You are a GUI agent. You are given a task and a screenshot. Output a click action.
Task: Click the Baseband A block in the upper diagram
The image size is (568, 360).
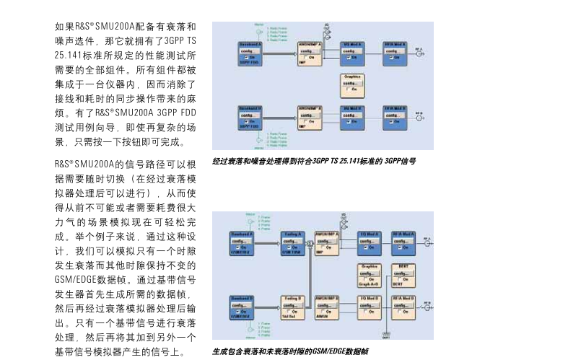click(x=250, y=54)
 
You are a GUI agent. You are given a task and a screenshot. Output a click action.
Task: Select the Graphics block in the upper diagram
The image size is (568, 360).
click(x=351, y=84)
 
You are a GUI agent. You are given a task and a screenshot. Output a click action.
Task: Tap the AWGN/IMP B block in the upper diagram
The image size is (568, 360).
click(x=310, y=116)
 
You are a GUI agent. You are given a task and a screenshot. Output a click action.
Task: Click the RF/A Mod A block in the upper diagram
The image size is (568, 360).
click(x=394, y=54)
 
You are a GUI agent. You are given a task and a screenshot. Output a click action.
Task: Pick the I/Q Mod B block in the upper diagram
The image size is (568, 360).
click(x=351, y=116)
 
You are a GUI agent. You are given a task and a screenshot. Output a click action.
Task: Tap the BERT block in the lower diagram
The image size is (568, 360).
click(x=403, y=274)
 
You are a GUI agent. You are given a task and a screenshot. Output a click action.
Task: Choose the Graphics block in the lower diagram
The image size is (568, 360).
click(x=370, y=274)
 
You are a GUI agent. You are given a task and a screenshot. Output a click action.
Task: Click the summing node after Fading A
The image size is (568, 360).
click(x=309, y=244)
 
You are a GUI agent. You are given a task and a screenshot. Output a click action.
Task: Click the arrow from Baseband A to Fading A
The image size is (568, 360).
click(x=264, y=244)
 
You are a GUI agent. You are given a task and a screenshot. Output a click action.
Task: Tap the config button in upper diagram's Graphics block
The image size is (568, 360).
click(x=351, y=82)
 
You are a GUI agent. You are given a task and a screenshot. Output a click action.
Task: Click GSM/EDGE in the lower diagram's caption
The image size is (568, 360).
click(x=329, y=351)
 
